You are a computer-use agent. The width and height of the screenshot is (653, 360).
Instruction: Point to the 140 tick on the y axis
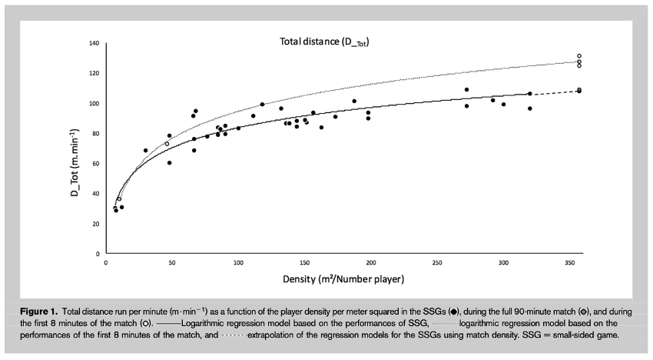click(94, 43)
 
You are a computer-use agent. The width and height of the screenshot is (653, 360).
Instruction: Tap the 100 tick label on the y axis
click(94, 103)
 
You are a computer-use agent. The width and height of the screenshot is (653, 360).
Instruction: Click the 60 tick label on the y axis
click(95, 163)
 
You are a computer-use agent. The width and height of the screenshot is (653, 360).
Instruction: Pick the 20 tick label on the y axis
click(95, 223)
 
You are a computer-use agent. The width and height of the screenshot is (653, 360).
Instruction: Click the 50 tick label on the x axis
click(171, 262)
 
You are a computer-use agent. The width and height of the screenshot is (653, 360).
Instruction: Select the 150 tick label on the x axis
click(304, 262)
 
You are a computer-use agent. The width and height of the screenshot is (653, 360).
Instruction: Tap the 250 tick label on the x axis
click(437, 262)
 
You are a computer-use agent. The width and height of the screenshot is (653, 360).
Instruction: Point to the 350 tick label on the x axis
click(569, 262)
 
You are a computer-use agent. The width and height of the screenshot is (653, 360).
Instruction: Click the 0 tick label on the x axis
click(106, 262)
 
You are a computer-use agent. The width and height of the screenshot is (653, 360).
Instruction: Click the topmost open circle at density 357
click(579, 56)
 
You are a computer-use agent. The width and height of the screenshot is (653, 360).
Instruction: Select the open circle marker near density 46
click(167, 144)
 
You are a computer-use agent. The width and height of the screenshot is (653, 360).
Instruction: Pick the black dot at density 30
click(145, 151)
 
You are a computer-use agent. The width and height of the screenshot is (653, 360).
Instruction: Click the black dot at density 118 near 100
click(262, 104)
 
